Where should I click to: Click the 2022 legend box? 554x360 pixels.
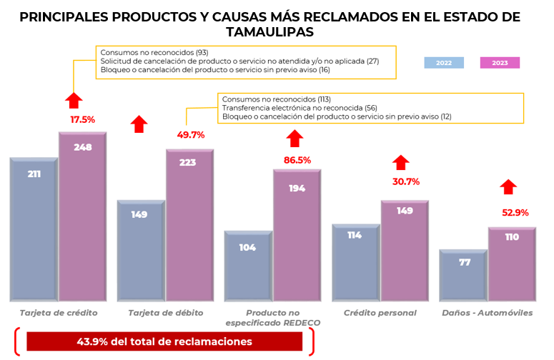[x=444, y=63]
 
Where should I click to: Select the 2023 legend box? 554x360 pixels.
[x=500, y=63]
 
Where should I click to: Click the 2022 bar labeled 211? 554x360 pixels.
[x=34, y=229]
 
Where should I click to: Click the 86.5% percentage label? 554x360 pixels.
[x=297, y=160]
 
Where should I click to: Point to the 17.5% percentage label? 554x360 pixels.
[x=82, y=119]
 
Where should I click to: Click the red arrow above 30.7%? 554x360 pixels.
[x=402, y=163]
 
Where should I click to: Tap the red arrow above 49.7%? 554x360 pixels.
[x=139, y=124]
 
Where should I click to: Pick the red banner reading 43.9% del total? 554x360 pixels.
[x=164, y=341]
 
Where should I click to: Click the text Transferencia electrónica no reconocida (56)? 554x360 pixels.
[x=300, y=107]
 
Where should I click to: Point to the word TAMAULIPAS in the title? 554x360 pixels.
[x=269, y=32]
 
